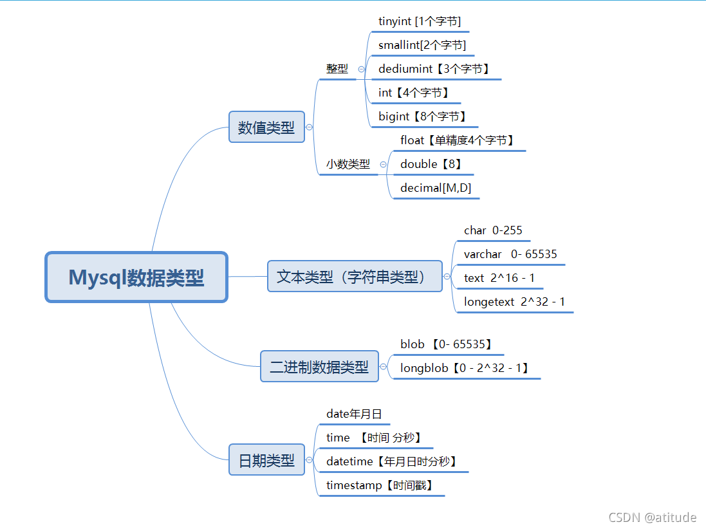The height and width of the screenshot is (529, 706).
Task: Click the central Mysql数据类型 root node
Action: (x=136, y=277)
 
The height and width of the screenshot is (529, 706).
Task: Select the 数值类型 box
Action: (x=266, y=127)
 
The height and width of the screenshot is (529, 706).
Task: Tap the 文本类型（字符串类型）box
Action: (x=355, y=277)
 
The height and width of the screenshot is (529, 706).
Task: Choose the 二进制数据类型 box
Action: (x=319, y=367)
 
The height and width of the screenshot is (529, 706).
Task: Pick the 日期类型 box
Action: (x=266, y=460)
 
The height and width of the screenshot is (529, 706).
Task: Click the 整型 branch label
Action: (x=337, y=69)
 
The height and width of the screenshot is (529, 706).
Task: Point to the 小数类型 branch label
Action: (x=348, y=164)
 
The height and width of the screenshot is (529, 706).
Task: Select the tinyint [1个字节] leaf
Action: (x=420, y=21)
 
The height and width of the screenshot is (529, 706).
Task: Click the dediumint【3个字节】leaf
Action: (x=434, y=69)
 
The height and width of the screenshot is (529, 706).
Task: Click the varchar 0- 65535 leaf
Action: (x=510, y=254)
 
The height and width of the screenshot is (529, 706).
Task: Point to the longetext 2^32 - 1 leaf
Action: (x=514, y=302)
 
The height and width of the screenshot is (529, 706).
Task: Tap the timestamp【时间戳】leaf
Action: (x=380, y=485)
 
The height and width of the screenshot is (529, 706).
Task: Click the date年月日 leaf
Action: (x=354, y=414)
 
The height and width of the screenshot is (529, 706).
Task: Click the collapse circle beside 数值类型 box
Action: (x=310, y=127)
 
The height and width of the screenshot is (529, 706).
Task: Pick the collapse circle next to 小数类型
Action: (x=384, y=164)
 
